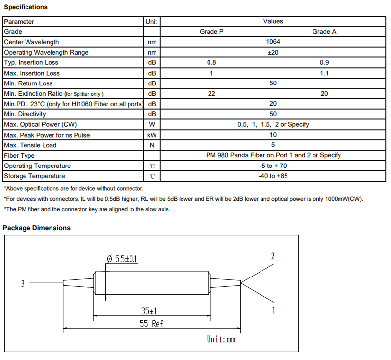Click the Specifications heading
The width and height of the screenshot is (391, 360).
point(26,7)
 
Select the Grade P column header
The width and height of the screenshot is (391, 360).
point(211,32)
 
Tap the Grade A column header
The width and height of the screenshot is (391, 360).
point(324,32)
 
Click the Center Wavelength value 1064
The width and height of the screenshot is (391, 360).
point(273,42)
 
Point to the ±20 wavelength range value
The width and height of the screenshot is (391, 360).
point(273,52)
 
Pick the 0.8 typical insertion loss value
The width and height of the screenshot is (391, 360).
point(211,62)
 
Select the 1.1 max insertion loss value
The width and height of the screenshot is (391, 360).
point(324,73)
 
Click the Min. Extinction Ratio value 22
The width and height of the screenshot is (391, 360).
point(211,94)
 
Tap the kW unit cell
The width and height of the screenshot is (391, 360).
point(152,135)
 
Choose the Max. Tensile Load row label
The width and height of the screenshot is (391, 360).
point(30,145)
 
